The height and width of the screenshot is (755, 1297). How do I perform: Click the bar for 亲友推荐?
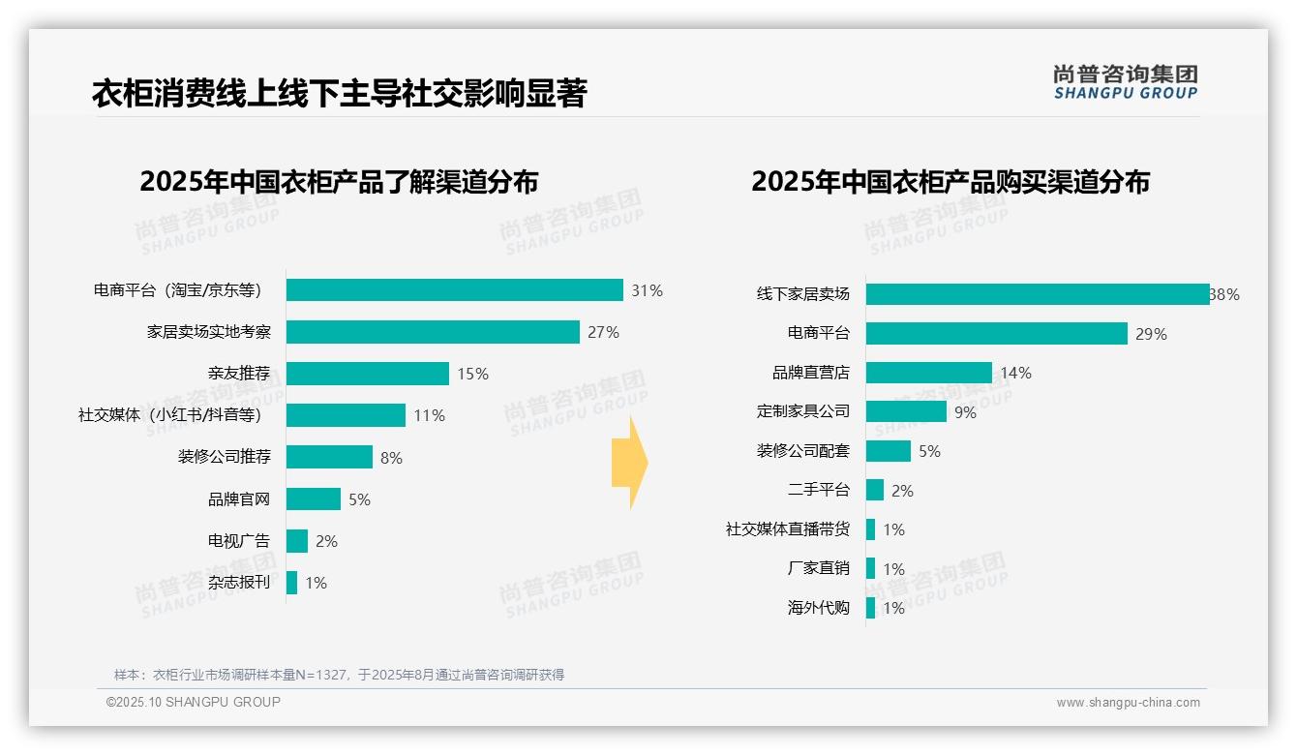click(368, 374)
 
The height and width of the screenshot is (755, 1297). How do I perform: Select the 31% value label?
click(647, 290)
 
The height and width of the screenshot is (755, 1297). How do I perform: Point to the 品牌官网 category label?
click(239, 499)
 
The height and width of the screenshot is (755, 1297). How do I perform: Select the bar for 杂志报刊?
click(291, 583)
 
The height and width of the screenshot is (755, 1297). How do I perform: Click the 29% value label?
click(1151, 334)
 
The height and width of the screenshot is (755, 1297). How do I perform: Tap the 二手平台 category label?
click(818, 491)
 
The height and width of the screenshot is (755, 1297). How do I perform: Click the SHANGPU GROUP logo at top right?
click(1125, 82)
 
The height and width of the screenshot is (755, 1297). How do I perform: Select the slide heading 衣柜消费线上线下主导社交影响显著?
click(339, 94)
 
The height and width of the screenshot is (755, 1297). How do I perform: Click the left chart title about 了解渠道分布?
click(339, 182)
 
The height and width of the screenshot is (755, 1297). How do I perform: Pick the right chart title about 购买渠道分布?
click(950, 182)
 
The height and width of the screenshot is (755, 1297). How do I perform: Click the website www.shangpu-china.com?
click(1128, 703)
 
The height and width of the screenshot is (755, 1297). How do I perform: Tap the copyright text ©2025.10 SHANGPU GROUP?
click(194, 703)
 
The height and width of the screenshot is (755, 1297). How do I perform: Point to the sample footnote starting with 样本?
click(339, 675)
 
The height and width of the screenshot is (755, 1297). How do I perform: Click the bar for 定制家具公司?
click(906, 411)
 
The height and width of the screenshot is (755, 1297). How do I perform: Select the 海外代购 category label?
click(818, 609)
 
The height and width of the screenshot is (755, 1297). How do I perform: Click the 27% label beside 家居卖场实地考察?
click(603, 332)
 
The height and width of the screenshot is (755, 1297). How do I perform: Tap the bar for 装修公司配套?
click(889, 451)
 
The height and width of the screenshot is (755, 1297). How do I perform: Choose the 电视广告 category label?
click(239, 541)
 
